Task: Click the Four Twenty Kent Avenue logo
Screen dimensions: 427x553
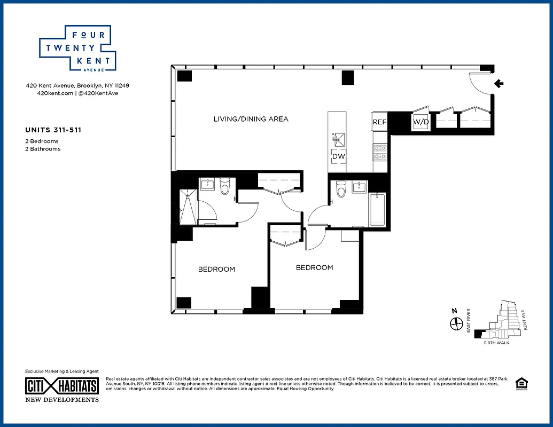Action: [x=75, y=48]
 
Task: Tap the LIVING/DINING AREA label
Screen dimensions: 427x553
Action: [x=251, y=119]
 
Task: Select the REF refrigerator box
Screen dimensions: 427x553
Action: [x=379, y=122]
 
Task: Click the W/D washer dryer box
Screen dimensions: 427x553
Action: [x=420, y=122]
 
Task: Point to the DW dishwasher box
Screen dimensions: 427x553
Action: [x=339, y=156]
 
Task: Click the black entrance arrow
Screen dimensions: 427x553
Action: [x=499, y=83]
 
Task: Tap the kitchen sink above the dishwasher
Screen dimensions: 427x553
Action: [x=339, y=140]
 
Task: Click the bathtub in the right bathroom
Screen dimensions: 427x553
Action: [x=377, y=211]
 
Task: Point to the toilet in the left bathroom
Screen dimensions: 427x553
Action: [x=225, y=187]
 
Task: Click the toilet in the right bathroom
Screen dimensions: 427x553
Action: [x=341, y=189]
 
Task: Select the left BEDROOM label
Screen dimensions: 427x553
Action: [x=216, y=270]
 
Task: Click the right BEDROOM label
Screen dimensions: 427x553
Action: [x=314, y=268]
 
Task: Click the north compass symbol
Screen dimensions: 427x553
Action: [x=456, y=323]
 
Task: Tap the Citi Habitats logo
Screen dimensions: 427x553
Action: [x=62, y=386]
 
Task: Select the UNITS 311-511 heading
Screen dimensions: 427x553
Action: [x=53, y=130]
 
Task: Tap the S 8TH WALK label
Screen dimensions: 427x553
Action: [x=496, y=343]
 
